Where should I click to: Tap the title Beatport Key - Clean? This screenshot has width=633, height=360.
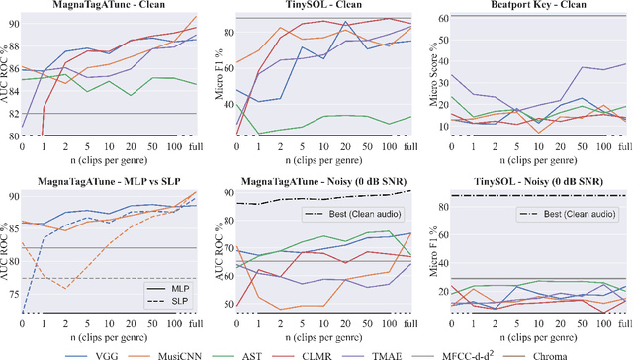tap(532, 7)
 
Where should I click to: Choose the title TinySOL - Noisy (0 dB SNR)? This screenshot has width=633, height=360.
tap(532, 181)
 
